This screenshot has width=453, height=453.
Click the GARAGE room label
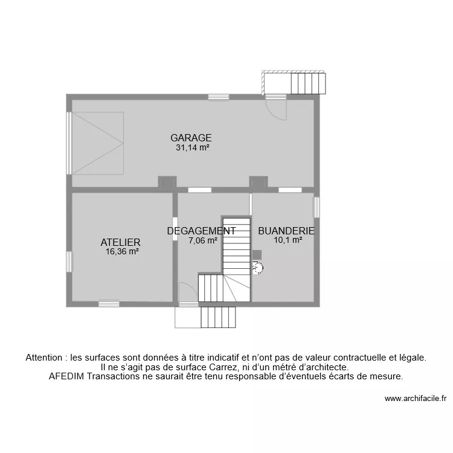pyautogui.click(x=191, y=138)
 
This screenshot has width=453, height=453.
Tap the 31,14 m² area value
pyautogui.click(x=192, y=147)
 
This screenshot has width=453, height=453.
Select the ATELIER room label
pyautogui.click(x=121, y=242)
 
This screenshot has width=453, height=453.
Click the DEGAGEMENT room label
pyautogui.click(x=201, y=231)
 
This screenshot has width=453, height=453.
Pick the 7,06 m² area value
pyautogui.click(x=203, y=240)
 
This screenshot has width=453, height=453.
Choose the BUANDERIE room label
pyautogui.click(x=286, y=231)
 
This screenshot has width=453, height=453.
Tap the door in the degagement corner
pyautogui.click(x=187, y=292)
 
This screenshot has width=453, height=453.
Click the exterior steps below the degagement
pyautogui.click(x=217, y=317)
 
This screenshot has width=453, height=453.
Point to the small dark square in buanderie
pyautogui.click(x=257, y=255)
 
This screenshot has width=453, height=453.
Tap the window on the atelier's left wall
pyautogui.click(x=69, y=262)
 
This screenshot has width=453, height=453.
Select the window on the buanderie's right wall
pyautogui.click(x=316, y=207)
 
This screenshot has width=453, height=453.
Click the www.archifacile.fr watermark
pyautogui.click(x=415, y=399)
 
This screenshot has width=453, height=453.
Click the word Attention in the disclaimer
pyautogui.click(x=46, y=358)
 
